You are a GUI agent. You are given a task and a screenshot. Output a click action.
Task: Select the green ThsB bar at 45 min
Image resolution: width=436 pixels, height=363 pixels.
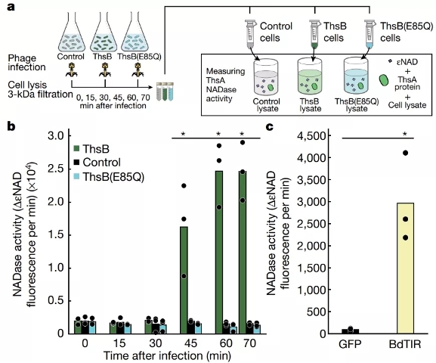184,280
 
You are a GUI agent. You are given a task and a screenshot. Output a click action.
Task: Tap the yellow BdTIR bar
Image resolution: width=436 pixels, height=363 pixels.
406,268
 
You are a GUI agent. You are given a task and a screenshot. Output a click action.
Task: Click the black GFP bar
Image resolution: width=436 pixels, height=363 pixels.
351,331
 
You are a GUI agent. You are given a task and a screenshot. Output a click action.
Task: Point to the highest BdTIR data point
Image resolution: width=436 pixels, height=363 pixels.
406,153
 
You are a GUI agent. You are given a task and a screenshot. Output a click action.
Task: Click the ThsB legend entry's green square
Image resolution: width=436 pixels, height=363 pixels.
76,149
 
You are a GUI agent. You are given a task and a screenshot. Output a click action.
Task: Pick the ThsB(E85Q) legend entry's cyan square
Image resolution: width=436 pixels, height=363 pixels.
76,176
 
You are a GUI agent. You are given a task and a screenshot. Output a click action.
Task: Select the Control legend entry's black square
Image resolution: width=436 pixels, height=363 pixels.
76,163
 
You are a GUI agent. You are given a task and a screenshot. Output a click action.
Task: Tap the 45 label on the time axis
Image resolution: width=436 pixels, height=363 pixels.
190,343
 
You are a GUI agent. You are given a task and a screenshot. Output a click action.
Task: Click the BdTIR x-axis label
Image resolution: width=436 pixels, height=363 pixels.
404,344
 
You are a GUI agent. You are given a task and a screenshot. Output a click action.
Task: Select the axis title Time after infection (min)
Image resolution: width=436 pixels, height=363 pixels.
167,356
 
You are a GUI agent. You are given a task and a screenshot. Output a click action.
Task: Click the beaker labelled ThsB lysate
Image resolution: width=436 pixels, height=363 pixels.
310,78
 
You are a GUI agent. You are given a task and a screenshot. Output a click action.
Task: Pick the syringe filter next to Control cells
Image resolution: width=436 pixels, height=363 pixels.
250,33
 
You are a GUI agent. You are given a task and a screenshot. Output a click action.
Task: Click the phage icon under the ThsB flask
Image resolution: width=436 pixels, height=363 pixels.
105,70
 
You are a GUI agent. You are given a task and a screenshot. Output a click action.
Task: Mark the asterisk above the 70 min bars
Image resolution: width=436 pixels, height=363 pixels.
242,134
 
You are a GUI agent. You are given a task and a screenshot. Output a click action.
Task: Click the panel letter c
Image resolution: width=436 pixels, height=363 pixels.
270,127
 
